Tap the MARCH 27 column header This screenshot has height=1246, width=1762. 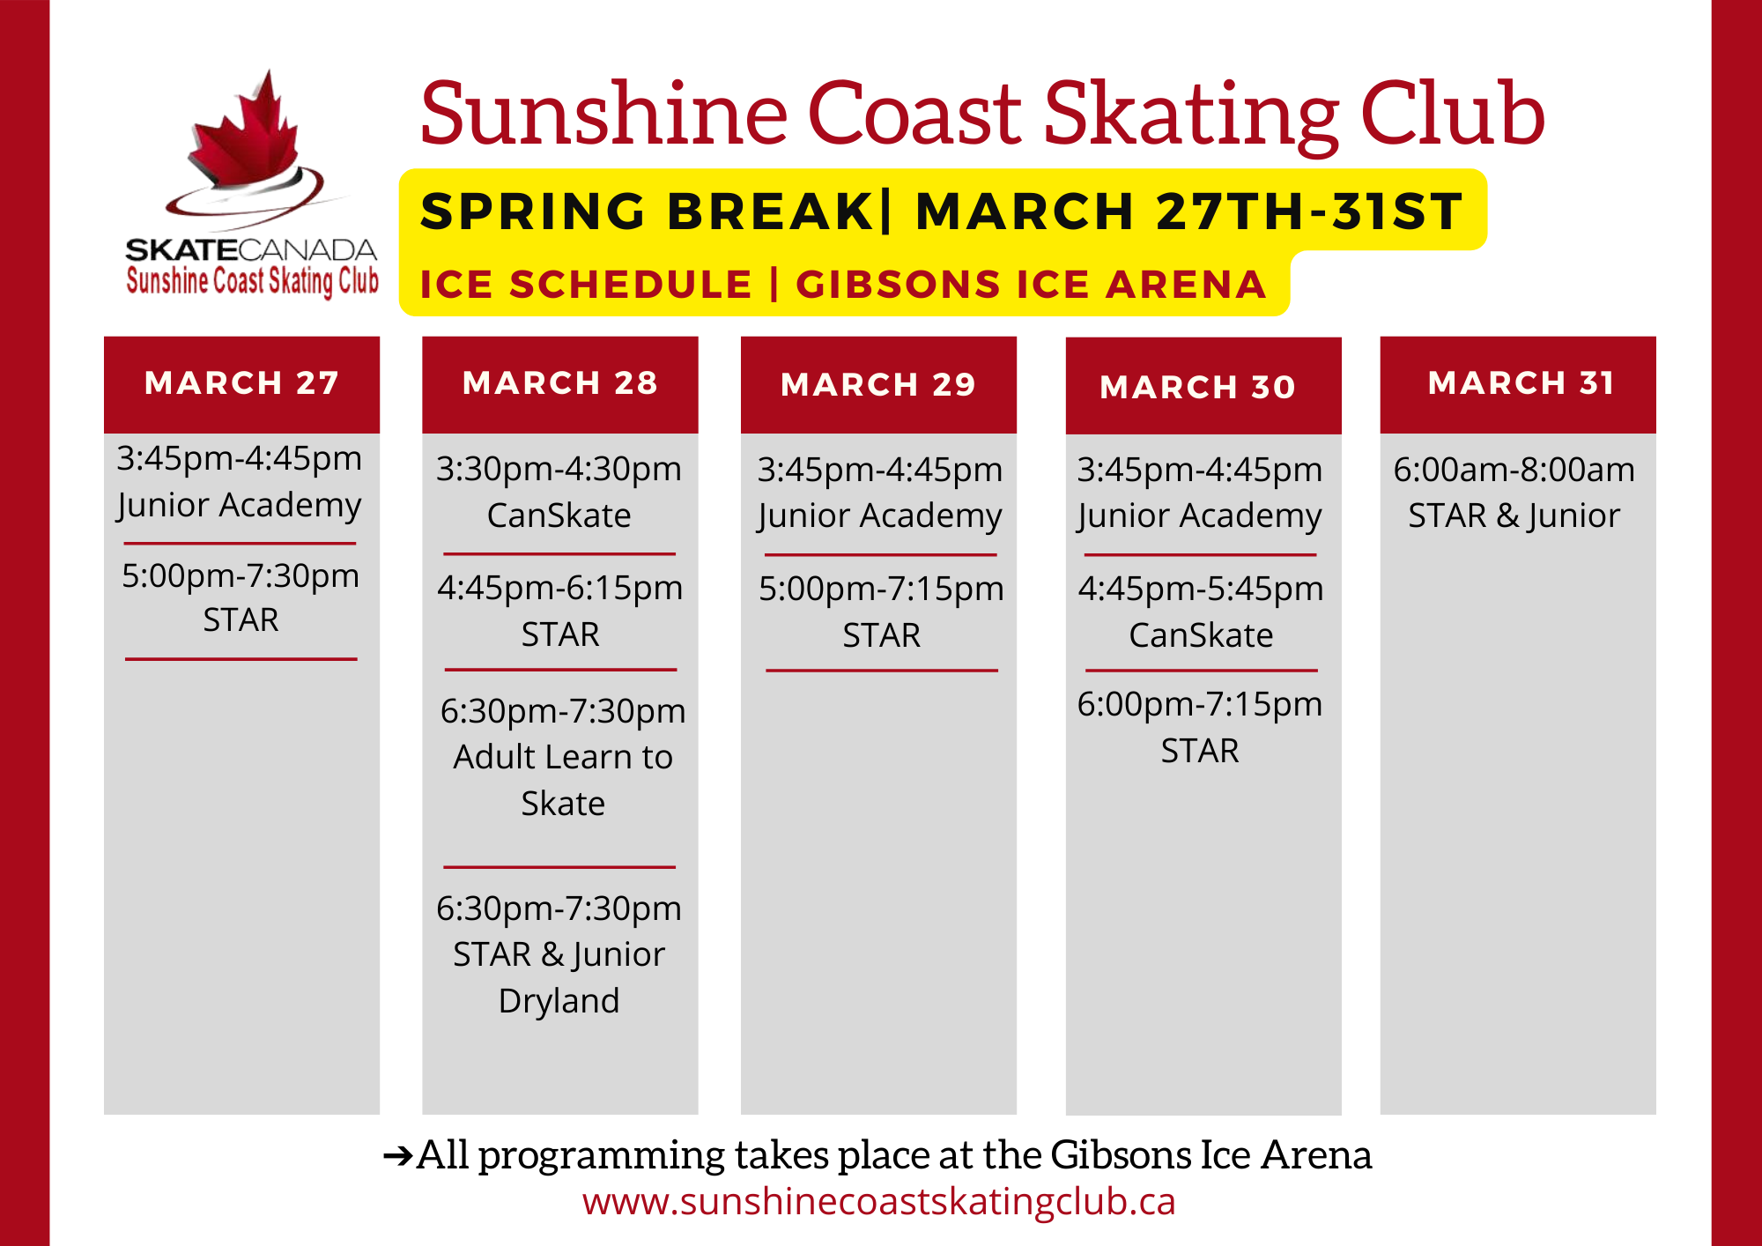(x=241, y=383)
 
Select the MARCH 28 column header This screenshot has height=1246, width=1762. (x=560, y=383)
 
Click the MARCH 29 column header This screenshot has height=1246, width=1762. (x=878, y=385)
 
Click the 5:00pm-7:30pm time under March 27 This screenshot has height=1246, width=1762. (x=241, y=576)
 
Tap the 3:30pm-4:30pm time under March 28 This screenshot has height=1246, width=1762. (x=559, y=470)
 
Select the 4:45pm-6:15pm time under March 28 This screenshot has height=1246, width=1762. (x=560, y=589)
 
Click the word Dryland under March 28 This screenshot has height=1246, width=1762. (x=559, y=1002)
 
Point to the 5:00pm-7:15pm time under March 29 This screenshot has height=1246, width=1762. (x=881, y=590)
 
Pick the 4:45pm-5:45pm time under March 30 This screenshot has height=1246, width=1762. (x=1201, y=590)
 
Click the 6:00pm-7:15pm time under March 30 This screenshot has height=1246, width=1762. (x=1200, y=705)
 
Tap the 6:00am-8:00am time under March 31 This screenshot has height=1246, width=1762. (x=1514, y=470)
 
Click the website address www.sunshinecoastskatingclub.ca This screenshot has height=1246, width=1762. (x=879, y=1202)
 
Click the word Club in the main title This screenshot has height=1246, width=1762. (x=1453, y=115)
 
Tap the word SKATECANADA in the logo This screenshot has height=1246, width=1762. (x=251, y=250)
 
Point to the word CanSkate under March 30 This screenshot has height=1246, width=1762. (x=1201, y=635)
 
